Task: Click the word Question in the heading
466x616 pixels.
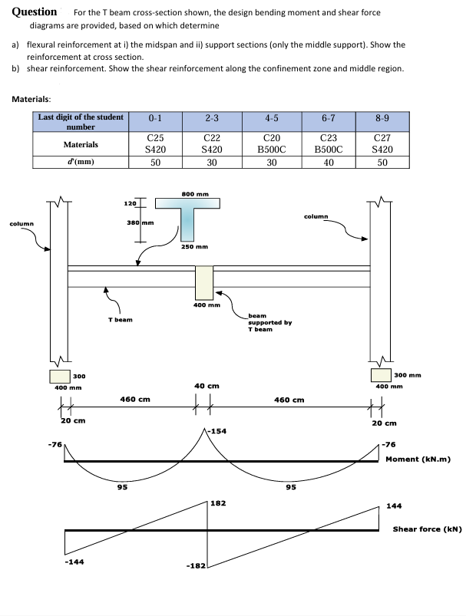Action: click(35, 12)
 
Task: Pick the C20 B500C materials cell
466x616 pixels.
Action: click(271, 143)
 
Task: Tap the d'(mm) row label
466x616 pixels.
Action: click(81, 162)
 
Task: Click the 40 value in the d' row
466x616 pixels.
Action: click(328, 162)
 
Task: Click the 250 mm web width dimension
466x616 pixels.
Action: click(196, 247)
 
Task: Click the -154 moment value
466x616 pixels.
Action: click(218, 432)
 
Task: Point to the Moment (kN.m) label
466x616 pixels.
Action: click(417, 460)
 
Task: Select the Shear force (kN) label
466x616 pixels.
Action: click(427, 529)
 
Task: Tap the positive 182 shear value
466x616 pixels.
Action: click(219, 503)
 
